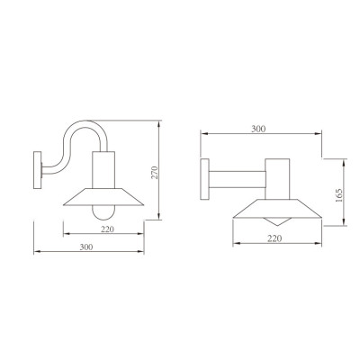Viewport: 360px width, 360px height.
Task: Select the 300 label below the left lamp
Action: click(x=85, y=247)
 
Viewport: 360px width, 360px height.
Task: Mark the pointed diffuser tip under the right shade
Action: click(x=276, y=222)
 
